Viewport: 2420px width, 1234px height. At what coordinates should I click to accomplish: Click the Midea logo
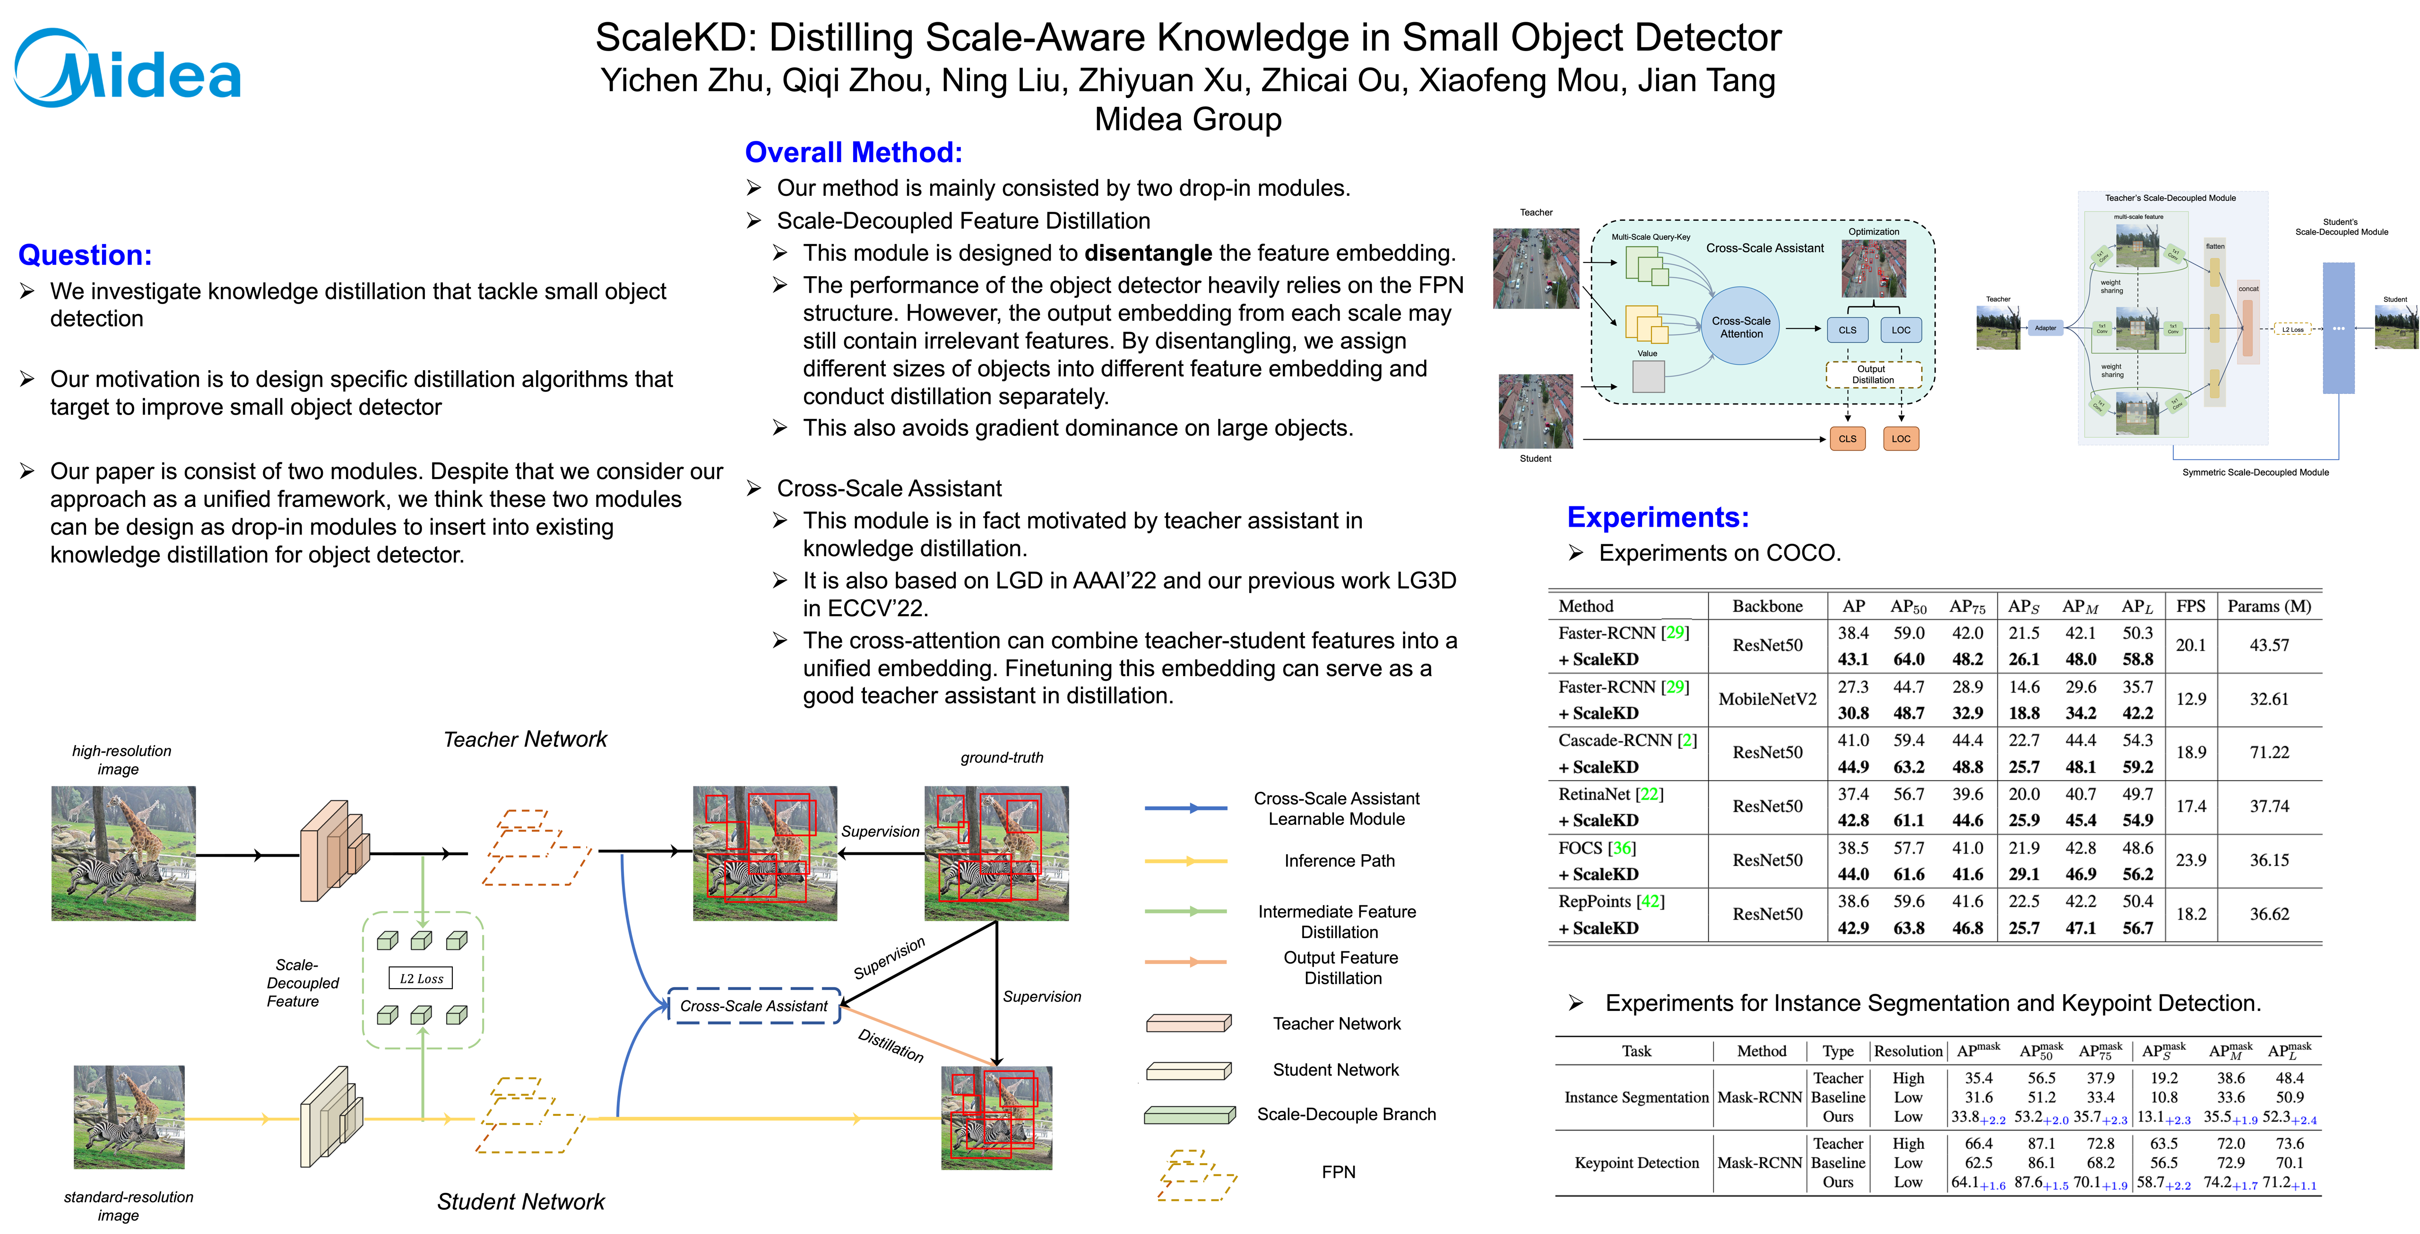127,70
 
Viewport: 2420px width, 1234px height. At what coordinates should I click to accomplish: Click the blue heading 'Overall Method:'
853,152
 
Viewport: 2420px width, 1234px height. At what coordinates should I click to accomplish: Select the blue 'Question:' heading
85,255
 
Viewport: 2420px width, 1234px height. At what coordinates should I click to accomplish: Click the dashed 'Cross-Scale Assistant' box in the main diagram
753,1006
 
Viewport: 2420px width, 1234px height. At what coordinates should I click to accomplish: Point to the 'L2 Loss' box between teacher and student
421,978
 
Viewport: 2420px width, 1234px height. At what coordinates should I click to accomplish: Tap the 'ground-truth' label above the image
1002,757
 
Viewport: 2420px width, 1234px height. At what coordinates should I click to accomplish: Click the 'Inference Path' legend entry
1339,861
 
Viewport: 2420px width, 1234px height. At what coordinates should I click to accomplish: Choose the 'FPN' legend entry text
1339,1172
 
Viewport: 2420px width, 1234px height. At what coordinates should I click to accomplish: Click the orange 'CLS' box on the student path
1847,439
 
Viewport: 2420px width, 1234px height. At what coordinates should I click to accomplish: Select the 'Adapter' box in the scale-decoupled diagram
2045,328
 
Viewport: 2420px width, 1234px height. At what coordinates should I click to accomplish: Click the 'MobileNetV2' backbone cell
1767,699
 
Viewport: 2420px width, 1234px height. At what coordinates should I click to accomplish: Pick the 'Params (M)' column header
2269,606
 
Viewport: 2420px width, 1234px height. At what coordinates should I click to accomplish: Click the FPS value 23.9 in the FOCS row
2191,860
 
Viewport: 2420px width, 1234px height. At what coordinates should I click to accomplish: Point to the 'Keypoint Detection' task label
1636,1163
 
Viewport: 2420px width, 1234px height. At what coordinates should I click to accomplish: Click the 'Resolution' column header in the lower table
1908,1051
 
